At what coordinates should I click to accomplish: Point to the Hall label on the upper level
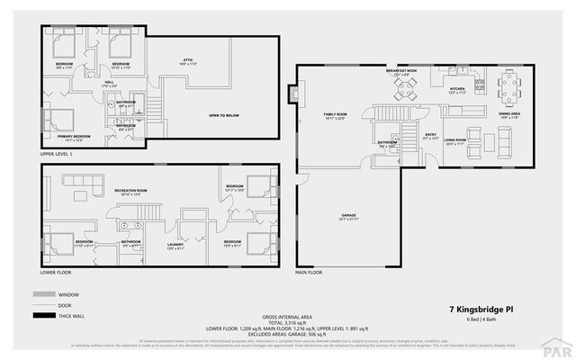tap(109, 83)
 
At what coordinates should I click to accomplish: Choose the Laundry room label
tap(175, 245)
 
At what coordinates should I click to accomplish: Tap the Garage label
tap(348, 217)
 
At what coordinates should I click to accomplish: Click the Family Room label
tap(335, 115)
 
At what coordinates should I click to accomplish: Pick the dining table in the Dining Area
tap(508, 87)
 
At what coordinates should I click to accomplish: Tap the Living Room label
tap(454, 140)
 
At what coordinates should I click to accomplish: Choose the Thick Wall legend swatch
tap(42, 316)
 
